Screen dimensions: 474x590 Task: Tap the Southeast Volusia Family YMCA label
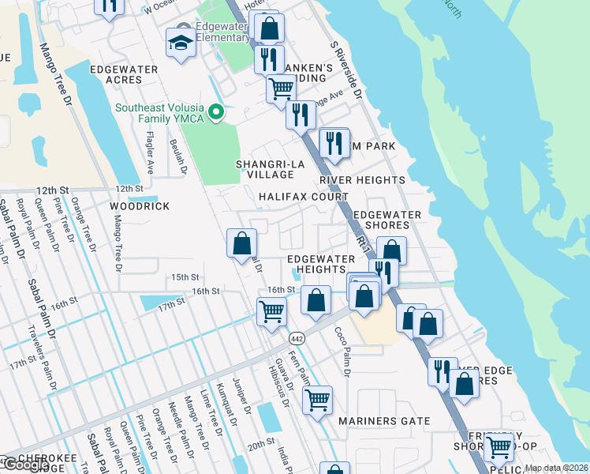159,113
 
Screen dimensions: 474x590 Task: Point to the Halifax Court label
304,197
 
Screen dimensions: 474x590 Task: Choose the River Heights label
362,180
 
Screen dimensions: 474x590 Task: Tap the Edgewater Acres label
124,74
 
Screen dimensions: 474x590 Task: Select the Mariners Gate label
385,421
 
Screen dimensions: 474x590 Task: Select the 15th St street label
183,277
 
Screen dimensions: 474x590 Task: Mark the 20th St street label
260,446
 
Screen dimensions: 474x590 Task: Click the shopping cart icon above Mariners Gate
317,401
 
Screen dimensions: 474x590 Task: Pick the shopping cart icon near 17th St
271,312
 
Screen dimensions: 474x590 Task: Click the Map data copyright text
556,468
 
